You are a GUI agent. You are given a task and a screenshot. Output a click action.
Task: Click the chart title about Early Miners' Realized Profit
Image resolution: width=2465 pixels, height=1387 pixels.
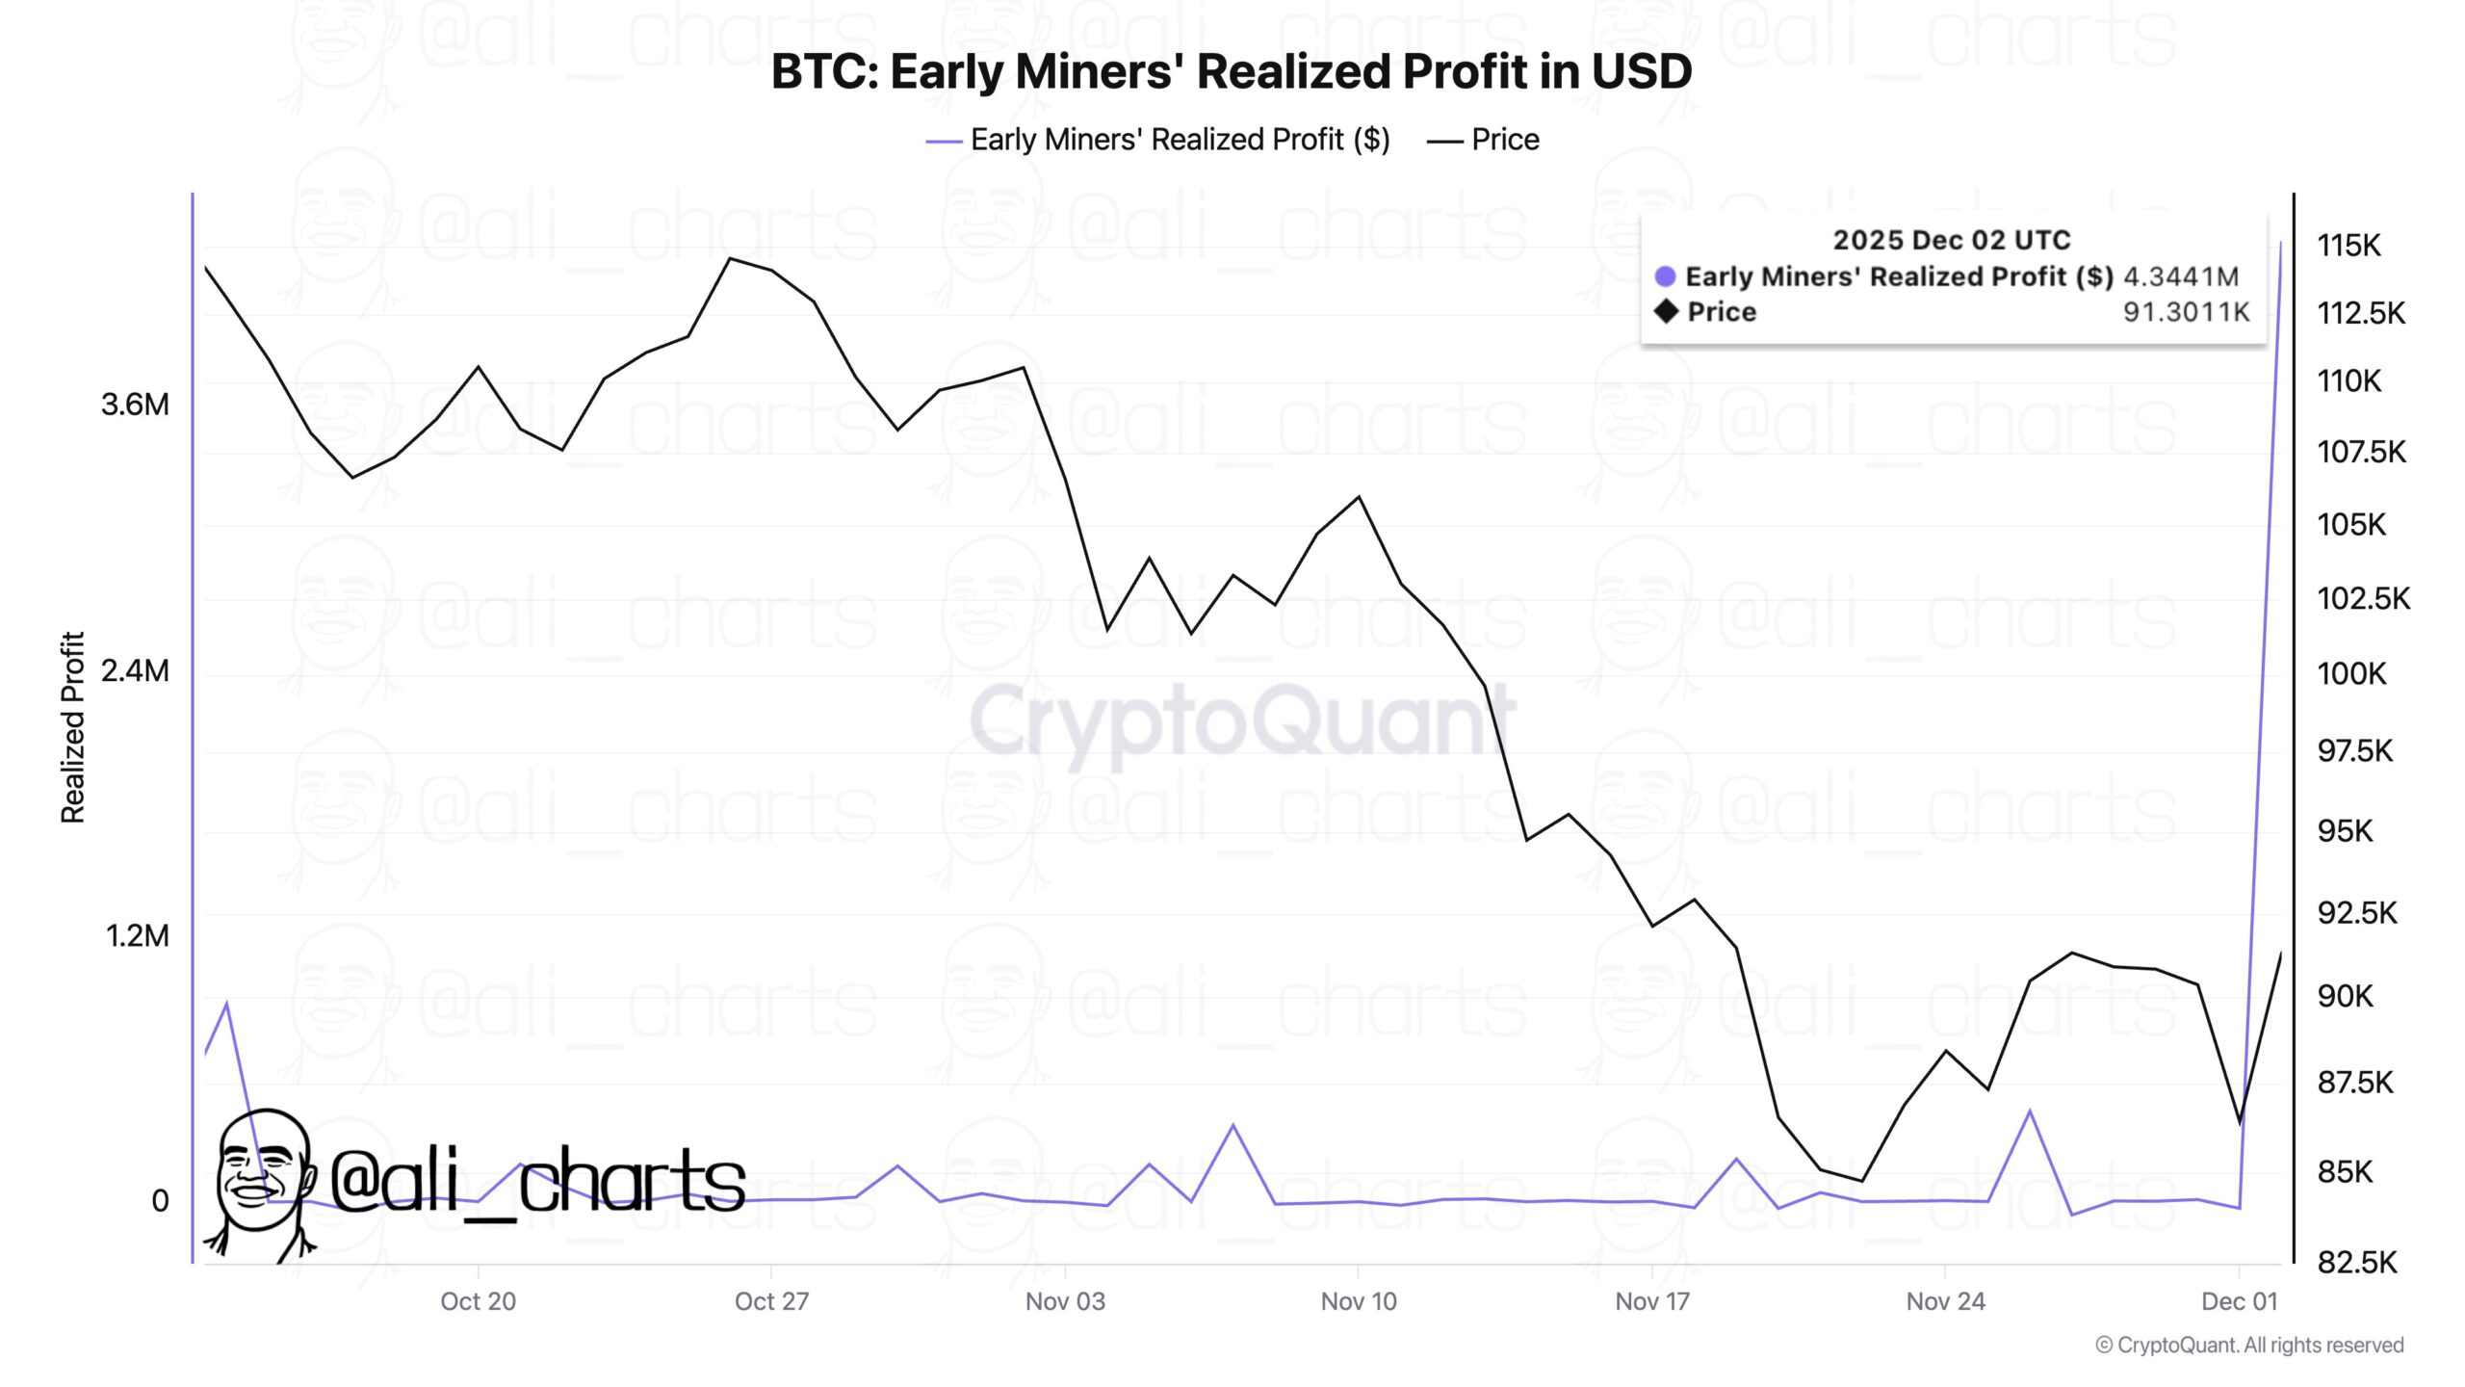click(x=1231, y=72)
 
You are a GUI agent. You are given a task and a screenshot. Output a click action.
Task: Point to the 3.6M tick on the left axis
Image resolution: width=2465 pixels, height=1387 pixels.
click(x=135, y=405)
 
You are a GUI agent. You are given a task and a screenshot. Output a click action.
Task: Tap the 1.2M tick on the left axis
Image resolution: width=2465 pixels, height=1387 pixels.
click(x=137, y=935)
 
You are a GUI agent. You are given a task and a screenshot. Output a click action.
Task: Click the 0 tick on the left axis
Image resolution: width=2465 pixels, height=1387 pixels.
click(x=160, y=1201)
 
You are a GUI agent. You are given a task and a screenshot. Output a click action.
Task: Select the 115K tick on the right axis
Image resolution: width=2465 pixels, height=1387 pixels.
click(x=2348, y=246)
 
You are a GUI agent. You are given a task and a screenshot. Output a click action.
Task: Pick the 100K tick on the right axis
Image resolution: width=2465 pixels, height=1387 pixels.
click(x=2351, y=673)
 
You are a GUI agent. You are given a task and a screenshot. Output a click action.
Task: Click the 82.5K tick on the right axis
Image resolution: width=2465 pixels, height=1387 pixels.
click(x=2356, y=1262)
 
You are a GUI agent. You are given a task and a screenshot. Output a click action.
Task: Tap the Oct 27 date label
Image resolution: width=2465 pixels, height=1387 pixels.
click(x=771, y=1301)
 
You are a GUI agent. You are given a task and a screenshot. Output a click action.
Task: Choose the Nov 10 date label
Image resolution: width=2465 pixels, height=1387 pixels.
click(x=1358, y=1301)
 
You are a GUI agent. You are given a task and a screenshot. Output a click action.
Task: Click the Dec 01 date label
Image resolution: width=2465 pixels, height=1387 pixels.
click(x=2240, y=1301)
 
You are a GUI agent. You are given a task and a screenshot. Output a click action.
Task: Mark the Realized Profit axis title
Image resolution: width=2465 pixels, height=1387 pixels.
click(x=73, y=727)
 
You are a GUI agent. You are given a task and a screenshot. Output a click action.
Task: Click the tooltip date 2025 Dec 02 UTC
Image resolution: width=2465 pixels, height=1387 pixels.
click(x=1951, y=240)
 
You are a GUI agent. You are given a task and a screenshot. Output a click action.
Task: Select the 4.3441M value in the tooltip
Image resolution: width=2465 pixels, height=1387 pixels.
click(x=2181, y=277)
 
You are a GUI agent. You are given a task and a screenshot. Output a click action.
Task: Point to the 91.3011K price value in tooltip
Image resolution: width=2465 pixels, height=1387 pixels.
click(x=2186, y=312)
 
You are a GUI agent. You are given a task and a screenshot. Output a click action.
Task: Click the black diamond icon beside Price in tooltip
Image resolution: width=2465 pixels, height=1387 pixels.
click(x=1666, y=311)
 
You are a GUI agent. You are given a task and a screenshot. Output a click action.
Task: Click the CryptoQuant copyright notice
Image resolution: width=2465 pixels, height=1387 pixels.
click(x=2249, y=1345)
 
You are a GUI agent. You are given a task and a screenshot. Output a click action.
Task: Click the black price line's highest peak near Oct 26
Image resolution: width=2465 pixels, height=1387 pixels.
click(x=731, y=258)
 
